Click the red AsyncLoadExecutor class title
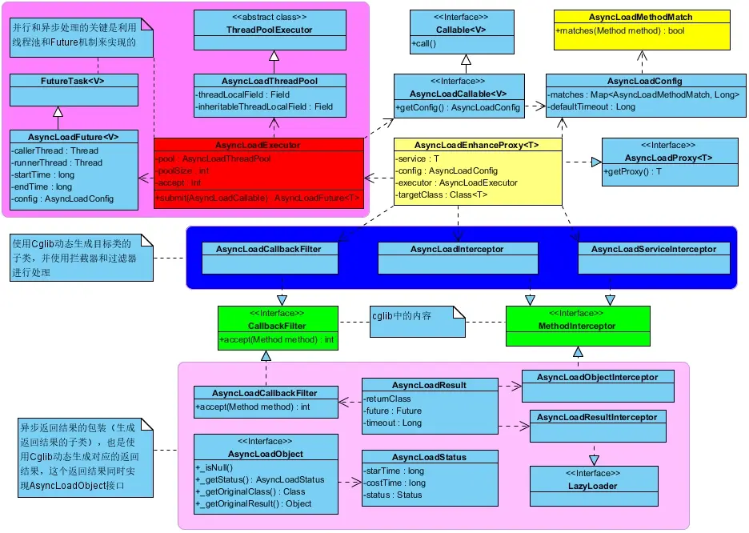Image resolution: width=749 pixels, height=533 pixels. click(258, 146)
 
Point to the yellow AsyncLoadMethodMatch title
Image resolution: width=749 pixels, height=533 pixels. click(640, 17)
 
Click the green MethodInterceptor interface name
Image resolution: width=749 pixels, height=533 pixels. click(578, 326)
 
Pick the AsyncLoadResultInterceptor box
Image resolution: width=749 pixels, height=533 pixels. click(596, 417)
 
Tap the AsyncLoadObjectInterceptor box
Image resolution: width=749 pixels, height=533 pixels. click(597, 377)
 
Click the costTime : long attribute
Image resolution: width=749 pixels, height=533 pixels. click(395, 483)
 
